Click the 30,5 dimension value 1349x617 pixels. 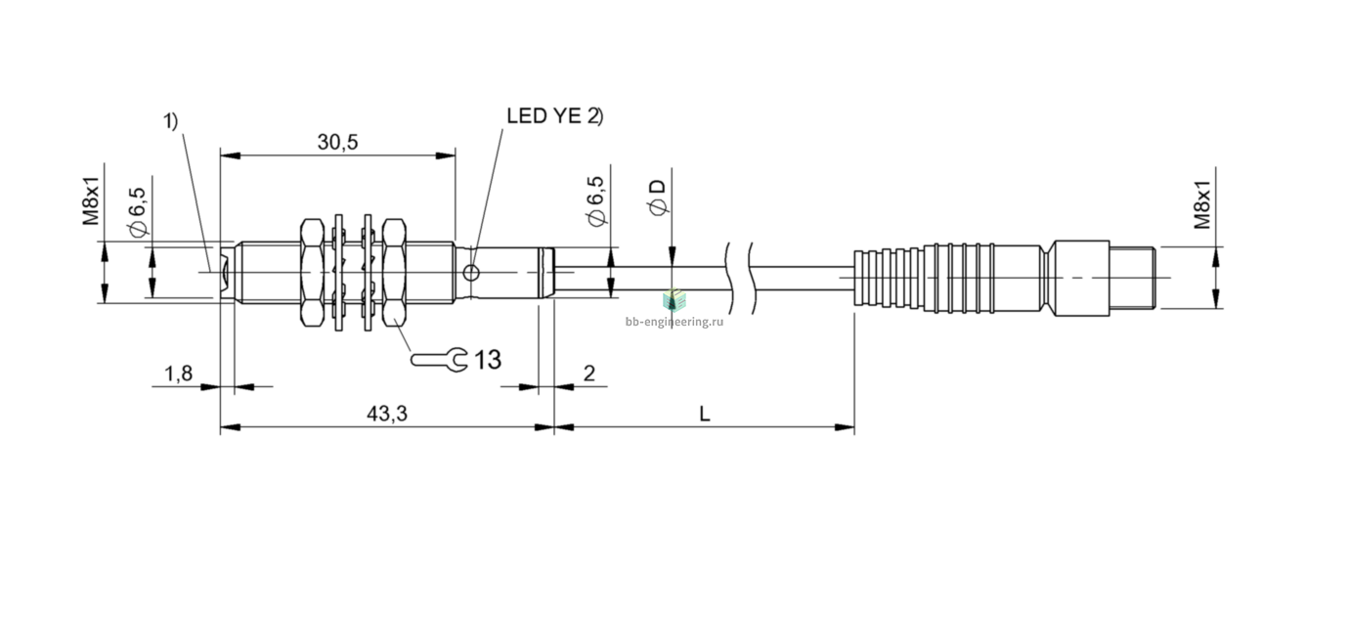pos(337,142)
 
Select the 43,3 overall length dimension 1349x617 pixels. pos(387,414)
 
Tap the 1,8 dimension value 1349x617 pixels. pos(179,374)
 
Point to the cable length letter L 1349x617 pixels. pos(705,414)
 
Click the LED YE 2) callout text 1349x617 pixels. pos(554,115)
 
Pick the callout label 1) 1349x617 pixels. pos(171,121)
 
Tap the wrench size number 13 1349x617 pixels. pos(488,360)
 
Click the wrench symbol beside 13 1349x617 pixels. pos(439,360)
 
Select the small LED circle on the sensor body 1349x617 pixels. pos(471,274)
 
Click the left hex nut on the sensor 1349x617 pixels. pos(312,273)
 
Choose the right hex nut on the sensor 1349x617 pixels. pos(394,273)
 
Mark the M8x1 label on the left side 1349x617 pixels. pos(90,201)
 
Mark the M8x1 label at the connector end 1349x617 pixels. pos(1202,205)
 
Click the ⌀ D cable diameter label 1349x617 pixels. pos(658,197)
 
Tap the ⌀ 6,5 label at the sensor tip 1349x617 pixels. pos(138,212)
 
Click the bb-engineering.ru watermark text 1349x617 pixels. pos(674,322)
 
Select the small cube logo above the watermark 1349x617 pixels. pos(674,300)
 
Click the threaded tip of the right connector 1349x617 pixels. pos(1132,278)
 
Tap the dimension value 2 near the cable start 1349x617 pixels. pos(589,374)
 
